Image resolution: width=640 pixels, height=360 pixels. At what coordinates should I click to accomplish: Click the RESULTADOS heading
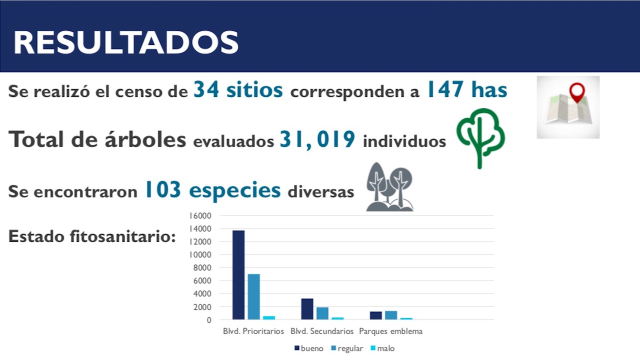coord(125,42)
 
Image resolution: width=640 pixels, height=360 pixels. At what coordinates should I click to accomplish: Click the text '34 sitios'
coord(238,90)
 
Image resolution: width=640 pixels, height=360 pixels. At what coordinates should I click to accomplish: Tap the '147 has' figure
coord(466,90)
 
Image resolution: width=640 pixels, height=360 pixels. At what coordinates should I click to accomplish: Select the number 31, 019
coord(317,139)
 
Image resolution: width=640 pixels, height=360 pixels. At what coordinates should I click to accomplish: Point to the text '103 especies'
coord(212,190)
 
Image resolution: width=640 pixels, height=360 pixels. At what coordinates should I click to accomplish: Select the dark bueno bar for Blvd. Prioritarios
coord(238,274)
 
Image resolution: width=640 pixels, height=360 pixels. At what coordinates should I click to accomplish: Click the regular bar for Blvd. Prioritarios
coord(254,296)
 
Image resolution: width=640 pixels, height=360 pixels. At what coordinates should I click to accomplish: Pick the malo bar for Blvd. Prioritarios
coord(269,317)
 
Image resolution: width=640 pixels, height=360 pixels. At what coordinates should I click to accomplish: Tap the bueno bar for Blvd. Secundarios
coord(307,309)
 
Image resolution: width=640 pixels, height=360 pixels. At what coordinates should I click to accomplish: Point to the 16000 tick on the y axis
coord(200,215)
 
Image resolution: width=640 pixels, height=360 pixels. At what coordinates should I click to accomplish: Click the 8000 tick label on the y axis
coord(202,267)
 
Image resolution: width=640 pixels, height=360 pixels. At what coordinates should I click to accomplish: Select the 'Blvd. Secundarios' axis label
coord(322,331)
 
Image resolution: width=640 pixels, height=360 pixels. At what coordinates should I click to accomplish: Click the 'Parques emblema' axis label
coord(390,331)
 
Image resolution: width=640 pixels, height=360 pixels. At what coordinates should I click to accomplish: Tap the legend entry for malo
coord(382,348)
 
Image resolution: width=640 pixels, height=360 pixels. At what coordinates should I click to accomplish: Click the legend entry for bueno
coord(309,348)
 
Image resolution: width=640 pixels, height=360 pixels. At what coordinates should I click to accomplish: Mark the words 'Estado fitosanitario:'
coord(92,236)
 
